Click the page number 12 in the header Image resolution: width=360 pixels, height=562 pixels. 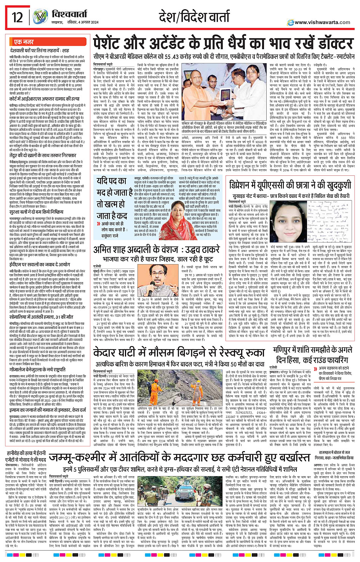pyautogui.click(x=17, y=17)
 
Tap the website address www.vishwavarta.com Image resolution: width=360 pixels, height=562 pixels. pyautogui.click(x=322, y=22)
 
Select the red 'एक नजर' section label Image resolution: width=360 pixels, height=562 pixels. pyautogui.click(x=24, y=42)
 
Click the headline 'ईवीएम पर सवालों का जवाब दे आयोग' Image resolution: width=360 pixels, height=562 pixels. pyautogui.click(x=40, y=264)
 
